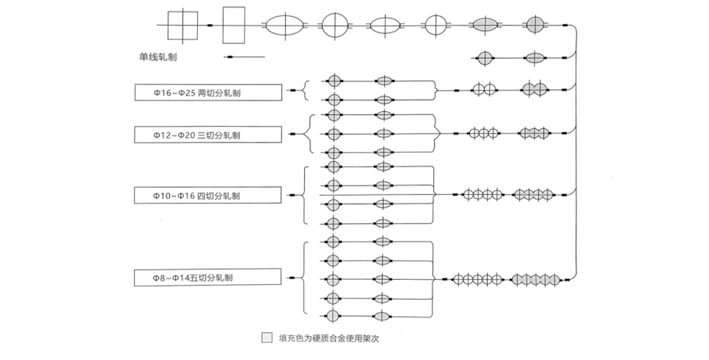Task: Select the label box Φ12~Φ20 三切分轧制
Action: [x=208, y=134]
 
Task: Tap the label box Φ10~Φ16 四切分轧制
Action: [x=208, y=195]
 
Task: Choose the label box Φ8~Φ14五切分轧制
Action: [x=208, y=278]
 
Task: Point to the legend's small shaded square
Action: [x=267, y=338]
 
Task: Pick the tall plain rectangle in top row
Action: [x=234, y=26]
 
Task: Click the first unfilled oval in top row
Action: [x=286, y=26]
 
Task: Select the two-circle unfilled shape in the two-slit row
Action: [x=484, y=90]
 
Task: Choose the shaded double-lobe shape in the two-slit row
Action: [x=534, y=90]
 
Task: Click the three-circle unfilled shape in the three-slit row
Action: [x=484, y=133]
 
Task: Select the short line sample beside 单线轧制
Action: [x=245, y=57]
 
